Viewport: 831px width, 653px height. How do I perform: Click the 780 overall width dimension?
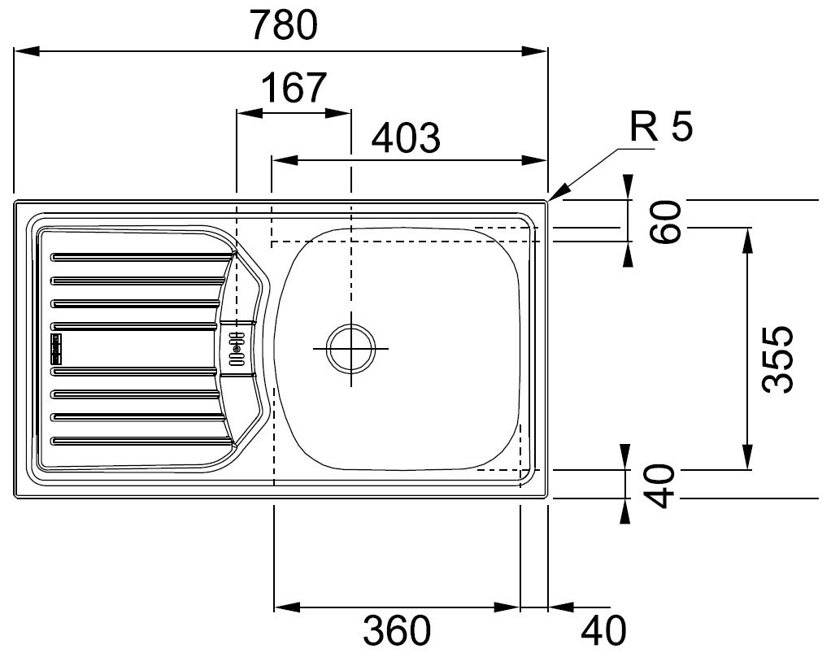coord(285,25)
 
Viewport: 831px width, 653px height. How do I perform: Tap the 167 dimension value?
coord(294,88)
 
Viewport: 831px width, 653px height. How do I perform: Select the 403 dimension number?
coord(406,137)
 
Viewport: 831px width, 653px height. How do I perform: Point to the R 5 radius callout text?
coord(661,127)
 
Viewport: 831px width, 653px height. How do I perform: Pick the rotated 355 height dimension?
coord(777,359)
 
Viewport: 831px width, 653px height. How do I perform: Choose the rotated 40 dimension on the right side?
coord(659,485)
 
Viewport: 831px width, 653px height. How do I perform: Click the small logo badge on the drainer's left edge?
coord(55,348)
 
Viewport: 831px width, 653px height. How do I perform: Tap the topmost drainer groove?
coord(141,257)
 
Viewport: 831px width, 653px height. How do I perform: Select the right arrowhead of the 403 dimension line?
coord(534,160)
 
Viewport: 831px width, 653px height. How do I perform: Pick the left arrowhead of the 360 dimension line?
coord(287,607)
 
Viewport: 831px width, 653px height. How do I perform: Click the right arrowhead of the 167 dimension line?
coord(337,113)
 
